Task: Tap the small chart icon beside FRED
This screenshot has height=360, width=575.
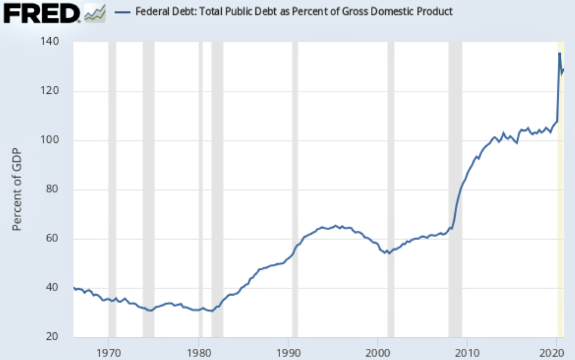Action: click(x=94, y=12)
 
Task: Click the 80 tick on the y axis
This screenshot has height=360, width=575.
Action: click(x=58, y=189)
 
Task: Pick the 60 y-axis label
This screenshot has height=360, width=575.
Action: click(x=58, y=238)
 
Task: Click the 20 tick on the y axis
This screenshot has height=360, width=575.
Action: click(x=58, y=337)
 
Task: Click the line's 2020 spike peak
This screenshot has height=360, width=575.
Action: click(x=559, y=54)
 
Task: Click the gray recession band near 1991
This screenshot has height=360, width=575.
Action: click(x=295, y=177)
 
